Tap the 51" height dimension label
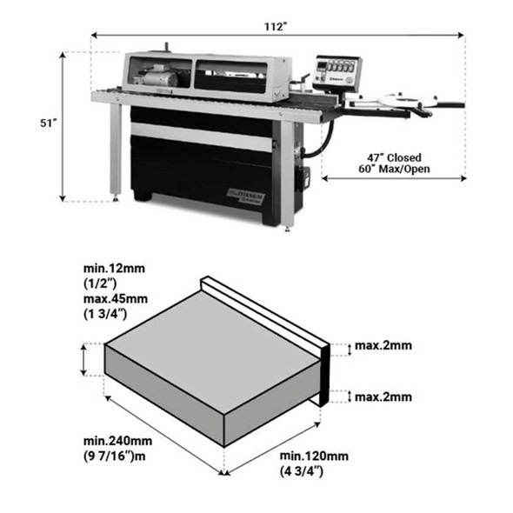tap(49, 123)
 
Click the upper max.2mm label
tap(383, 346)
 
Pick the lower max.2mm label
tap(383, 397)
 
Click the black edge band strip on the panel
tap(323, 375)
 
